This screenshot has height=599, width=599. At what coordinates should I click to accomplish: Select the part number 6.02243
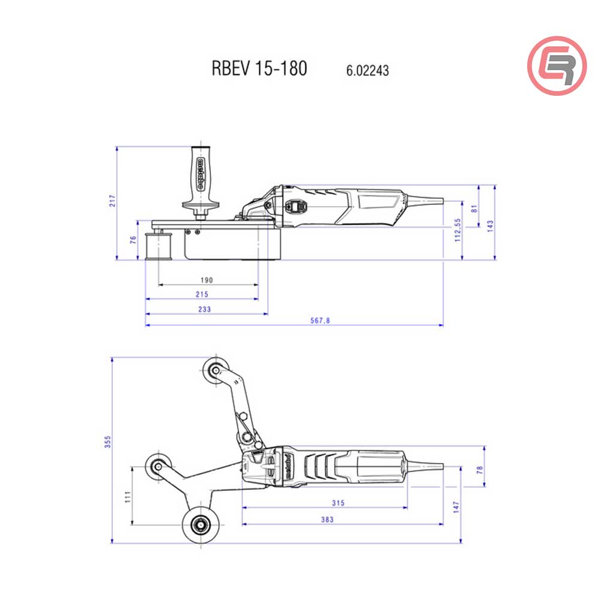(367, 71)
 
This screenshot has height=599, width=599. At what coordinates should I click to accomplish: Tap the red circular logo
(556, 65)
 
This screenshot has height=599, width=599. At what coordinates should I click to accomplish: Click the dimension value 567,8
(320, 320)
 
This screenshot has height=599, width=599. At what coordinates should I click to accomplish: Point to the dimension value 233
(204, 309)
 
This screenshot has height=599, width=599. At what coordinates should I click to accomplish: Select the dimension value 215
(202, 294)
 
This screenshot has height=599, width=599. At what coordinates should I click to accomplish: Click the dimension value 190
(207, 280)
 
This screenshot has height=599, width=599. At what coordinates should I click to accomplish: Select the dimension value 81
(475, 208)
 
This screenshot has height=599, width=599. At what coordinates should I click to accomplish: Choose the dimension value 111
(127, 497)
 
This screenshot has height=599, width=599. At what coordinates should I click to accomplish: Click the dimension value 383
(327, 519)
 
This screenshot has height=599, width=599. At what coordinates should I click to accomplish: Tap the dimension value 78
(479, 470)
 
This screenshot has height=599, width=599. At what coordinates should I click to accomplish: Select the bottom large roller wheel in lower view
(197, 526)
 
